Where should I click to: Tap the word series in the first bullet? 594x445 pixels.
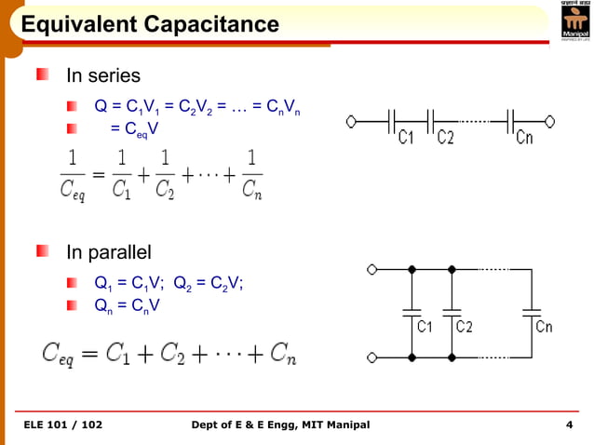[x=116, y=74]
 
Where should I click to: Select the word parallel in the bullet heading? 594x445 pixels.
[x=118, y=252]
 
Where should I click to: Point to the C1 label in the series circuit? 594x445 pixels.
[x=406, y=138]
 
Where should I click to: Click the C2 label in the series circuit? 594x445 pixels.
[x=446, y=138]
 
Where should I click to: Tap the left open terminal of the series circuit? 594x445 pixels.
[x=351, y=120]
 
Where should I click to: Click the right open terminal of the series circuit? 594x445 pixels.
[x=550, y=120]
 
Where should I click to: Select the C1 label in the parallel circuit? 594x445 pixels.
[x=424, y=327]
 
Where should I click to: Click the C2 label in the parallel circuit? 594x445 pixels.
[x=463, y=327]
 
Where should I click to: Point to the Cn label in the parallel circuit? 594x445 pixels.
[x=544, y=327]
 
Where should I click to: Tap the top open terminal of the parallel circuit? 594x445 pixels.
[x=372, y=270]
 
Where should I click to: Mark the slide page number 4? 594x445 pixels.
[x=568, y=425]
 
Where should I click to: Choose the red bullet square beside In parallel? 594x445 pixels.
[x=43, y=251]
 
